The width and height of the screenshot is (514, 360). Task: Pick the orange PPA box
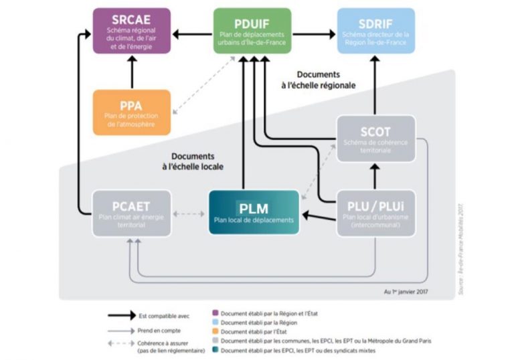pyautogui.click(x=131, y=112)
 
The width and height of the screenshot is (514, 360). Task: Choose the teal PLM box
pyautogui.click(x=254, y=212)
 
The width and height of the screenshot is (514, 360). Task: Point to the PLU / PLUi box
pyautogui.click(x=375, y=212)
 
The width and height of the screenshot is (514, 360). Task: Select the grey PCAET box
pyautogui.click(x=131, y=213)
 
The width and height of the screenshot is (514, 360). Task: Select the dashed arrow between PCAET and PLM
pyautogui.click(x=189, y=214)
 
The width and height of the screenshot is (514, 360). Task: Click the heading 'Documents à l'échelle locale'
pyautogui.click(x=192, y=160)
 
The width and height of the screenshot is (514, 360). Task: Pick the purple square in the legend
pyautogui.click(x=214, y=312)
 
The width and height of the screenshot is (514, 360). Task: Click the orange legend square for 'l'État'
pyautogui.click(x=214, y=331)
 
